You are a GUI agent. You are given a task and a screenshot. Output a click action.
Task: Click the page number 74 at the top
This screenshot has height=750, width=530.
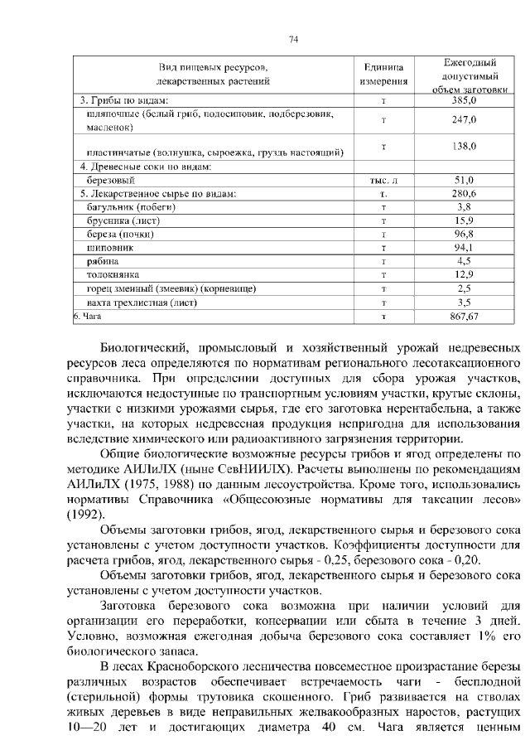click(293, 39)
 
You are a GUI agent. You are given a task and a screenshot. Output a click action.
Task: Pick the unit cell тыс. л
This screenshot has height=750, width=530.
click(383, 180)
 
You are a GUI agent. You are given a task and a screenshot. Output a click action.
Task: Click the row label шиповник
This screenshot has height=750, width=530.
click(108, 248)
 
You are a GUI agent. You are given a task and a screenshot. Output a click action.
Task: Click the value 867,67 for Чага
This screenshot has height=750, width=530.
click(465, 316)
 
